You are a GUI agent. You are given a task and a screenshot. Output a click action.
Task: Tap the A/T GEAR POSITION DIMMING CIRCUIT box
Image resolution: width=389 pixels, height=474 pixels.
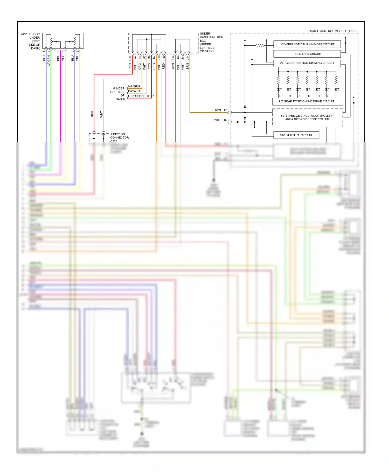(307, 63)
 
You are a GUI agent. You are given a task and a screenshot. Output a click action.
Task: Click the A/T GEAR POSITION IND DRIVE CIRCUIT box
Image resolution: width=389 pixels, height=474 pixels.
(307, 101)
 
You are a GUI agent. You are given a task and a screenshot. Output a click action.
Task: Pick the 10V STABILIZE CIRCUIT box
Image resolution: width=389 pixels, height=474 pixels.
(296, 135)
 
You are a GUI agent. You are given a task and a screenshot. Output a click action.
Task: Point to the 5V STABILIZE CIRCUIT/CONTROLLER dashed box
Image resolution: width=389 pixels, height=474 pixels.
(307, 118)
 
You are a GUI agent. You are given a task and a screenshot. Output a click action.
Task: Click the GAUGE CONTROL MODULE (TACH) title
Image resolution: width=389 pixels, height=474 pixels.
(333, 31)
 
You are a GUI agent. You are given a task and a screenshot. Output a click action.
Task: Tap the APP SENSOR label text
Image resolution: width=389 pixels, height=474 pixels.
(30, 34)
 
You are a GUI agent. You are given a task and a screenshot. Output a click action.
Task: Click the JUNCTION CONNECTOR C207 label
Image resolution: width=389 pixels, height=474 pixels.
(119, 138)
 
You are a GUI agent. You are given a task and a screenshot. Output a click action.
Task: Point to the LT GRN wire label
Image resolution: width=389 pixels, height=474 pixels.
(49, 60)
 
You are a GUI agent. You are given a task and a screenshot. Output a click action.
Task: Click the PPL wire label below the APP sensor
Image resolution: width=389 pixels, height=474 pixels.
(58, 58)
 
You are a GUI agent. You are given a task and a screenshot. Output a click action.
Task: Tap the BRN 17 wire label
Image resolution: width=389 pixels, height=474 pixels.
(220, 110)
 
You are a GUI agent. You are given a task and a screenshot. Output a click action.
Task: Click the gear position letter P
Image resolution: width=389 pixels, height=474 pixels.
(280, 96)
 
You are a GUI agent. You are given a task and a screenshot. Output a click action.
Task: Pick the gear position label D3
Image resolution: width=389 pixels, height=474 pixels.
(319, 96)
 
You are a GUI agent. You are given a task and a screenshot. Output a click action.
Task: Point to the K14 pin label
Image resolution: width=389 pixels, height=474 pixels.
(173, 58)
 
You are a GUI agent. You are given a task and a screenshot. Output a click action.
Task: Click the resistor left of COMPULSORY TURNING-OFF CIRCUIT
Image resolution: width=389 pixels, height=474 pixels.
(260, 45)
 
